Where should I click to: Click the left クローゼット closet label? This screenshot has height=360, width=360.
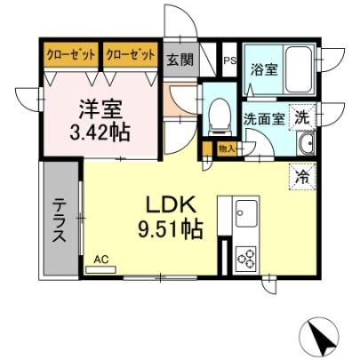(x=71, y=55)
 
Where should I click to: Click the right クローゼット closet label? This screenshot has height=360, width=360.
(x=131, y=55)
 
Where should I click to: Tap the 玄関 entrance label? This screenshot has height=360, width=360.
(x=180, y=60)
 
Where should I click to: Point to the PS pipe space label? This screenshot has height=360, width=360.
(x=229, y=60)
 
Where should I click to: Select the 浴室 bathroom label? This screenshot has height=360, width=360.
(x=264, y=69)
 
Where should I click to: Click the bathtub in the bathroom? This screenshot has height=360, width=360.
(x=299, y=69)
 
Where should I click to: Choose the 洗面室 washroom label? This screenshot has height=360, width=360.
(x=264, y=118)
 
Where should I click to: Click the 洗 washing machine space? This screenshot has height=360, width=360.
(x=302, y=118)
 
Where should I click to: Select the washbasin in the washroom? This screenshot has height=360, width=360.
(x=306, y=143)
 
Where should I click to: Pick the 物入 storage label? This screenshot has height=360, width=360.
(x=227, y=148)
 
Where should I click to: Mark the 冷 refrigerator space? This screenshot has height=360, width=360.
(x=302, y=177)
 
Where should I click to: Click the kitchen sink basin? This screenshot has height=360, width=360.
(x=246, y=213)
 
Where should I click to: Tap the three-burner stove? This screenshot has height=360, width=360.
(x=246, y=259)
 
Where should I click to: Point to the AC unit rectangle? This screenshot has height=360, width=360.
(x=100, y=269)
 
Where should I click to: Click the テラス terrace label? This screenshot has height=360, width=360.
(x=59, y=220)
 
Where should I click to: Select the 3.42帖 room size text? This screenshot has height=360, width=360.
(x=100, y=132)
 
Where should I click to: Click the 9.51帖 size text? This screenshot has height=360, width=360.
(x=171, y=229)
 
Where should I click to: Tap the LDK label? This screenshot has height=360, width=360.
(x=172, y=205)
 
